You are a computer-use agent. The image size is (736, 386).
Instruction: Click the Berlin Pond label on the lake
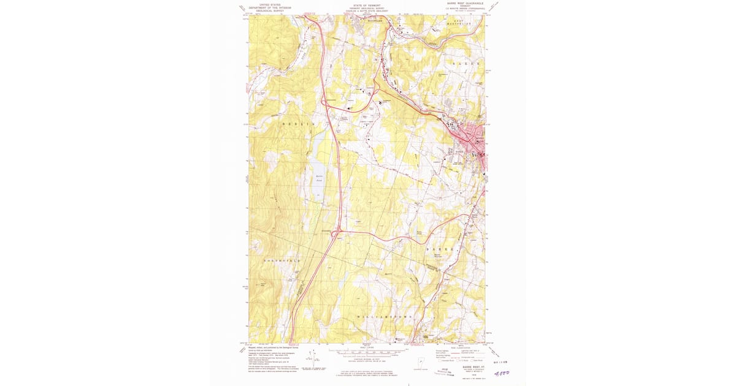(319, 178)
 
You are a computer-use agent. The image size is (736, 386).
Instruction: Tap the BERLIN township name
(301, 124)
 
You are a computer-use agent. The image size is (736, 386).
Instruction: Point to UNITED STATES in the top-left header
(269, 4)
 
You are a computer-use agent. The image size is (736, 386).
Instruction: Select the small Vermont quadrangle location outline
(420, 362)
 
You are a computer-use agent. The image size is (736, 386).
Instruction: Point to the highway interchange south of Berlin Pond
(337, 233)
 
